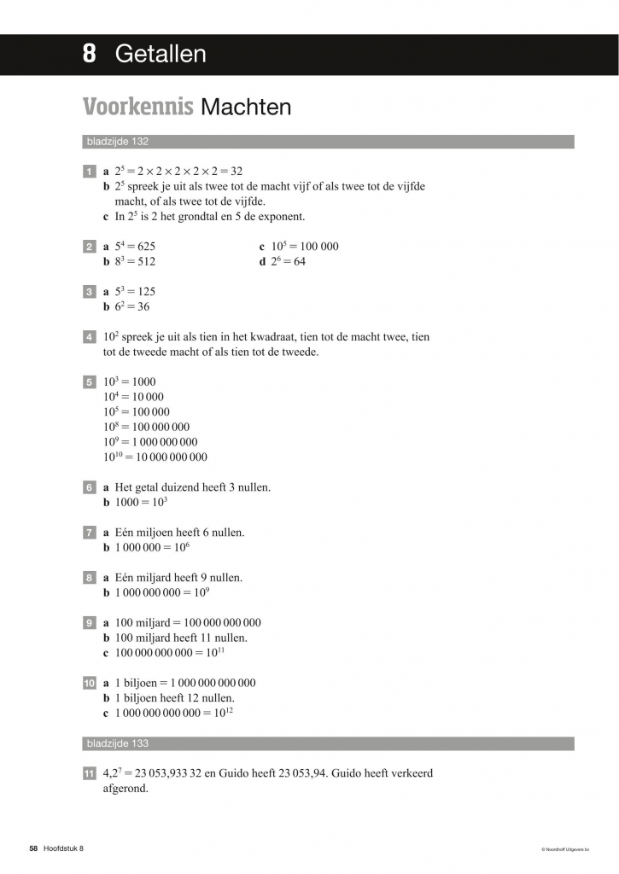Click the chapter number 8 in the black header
pyautogui.click(x=89, y=55)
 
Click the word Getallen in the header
pyautogui.click(x=161, y=55)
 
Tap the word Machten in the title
pyautogui.click(x=245, y=108)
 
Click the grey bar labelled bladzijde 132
pyautogui.click(x=329, y=142)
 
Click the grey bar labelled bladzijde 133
pyautogui.click(x=329, y=743)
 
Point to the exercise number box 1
pyautogui.click(x=89, y=172)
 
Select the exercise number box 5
pyautogui.click(x=89, y=382)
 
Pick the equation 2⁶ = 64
pyautogui.click(x=288, y=262)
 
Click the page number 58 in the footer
pyautogui.click(x=33, y=848)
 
